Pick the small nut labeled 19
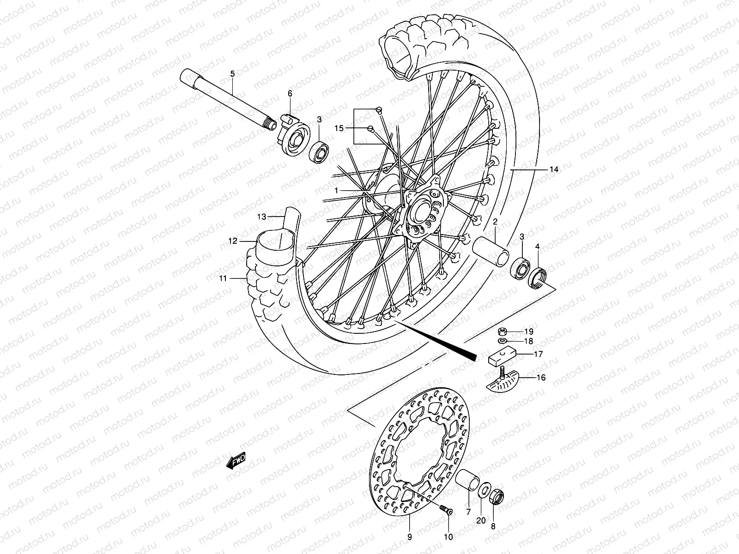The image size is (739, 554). point(503,331)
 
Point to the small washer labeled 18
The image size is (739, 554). point(503,341)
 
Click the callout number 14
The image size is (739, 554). point(554,170)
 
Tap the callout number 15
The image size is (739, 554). point(339,128)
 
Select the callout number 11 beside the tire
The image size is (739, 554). point(223,278)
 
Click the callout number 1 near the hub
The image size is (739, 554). point(350,190)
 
